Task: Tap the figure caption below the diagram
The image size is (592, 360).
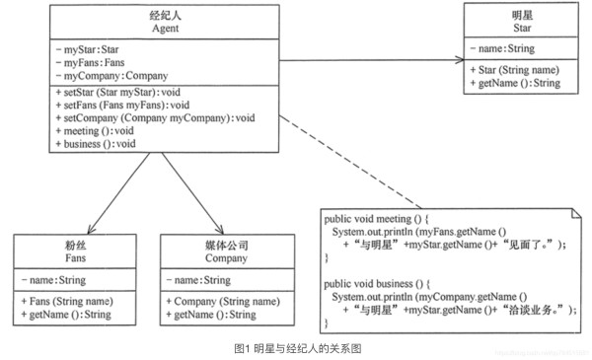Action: pos(295,348)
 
